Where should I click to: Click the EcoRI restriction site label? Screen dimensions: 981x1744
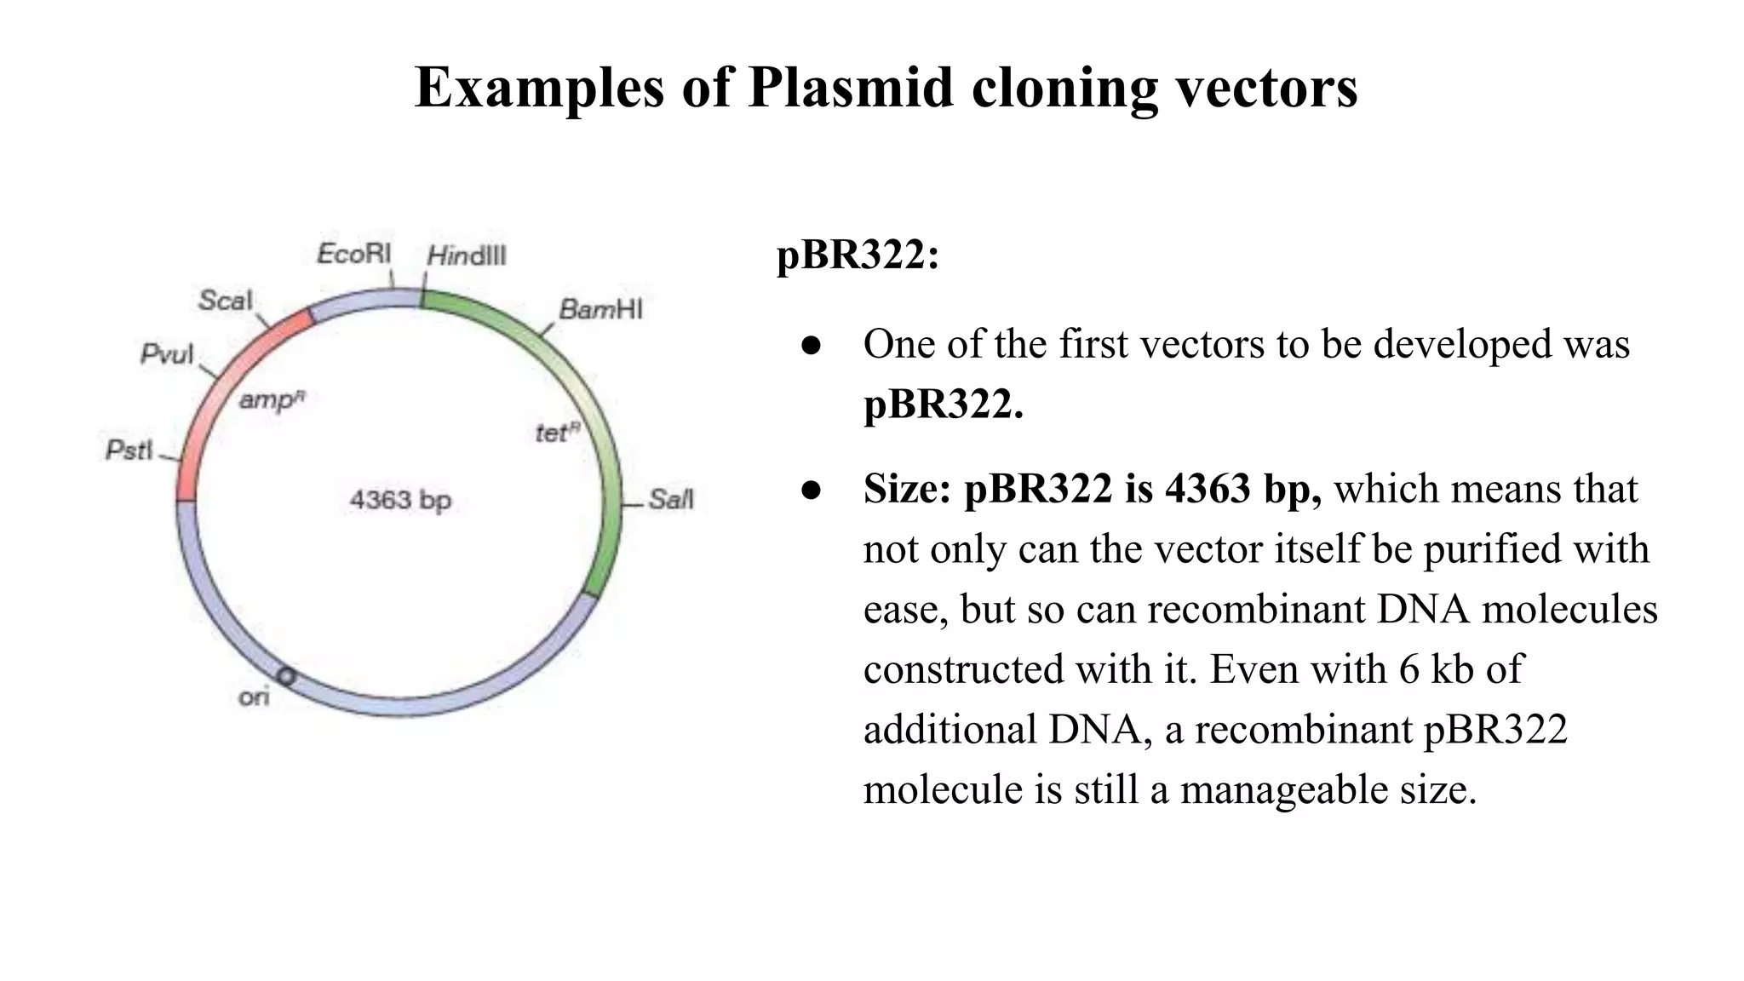pos(353,254)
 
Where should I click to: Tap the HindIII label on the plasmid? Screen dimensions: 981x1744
pos(467,255)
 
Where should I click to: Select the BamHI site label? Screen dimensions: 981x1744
pos(600,309)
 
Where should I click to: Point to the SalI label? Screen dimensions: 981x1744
pos(671,499)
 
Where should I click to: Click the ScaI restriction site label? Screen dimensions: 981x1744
pos(225,300)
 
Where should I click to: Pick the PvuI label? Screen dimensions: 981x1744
pos(167,354)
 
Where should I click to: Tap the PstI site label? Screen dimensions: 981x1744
pos(129,449)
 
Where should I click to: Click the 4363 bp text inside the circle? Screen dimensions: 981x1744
pos(400,500)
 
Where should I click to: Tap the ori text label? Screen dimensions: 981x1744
pos(254,697)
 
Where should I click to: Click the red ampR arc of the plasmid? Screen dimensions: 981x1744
pos(204,400)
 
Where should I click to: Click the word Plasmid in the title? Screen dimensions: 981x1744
pos(850,87)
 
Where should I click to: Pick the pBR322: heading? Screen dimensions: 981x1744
pos(858,255)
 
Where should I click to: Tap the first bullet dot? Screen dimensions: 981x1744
pos(810,345)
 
